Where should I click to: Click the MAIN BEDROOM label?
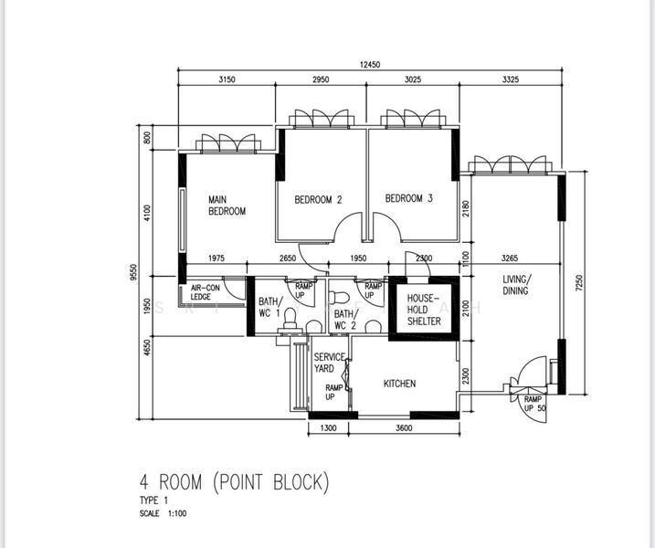[x=227, y=205]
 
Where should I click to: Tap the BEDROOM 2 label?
[x=318, y=200]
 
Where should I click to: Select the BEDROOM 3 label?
[x=409, y=198]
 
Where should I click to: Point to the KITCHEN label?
[x=400, y=384]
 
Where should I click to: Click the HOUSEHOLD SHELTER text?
[x=424, y=310]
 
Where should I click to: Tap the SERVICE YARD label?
[x=330, y=363]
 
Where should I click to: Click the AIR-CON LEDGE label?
[x=206, y=292]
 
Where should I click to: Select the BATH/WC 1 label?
[x=270, y=307]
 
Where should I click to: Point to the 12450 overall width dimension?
[x=370, y=64]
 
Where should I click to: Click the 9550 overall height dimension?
[x=133, y=272]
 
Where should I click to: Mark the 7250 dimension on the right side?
[x=579, y=282]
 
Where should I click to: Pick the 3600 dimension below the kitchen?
[x=404, y=427]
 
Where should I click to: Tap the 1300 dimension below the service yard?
[x=328, y=427]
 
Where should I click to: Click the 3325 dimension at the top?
[x=511, y=79]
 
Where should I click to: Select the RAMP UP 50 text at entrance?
[x=534, y=404]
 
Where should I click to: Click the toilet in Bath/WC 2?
[x=339, y=298]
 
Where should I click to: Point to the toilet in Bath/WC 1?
[x=290, y=321]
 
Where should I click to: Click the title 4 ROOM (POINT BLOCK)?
[x=235, y=482]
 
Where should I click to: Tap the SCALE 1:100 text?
[x=163, y=513]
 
